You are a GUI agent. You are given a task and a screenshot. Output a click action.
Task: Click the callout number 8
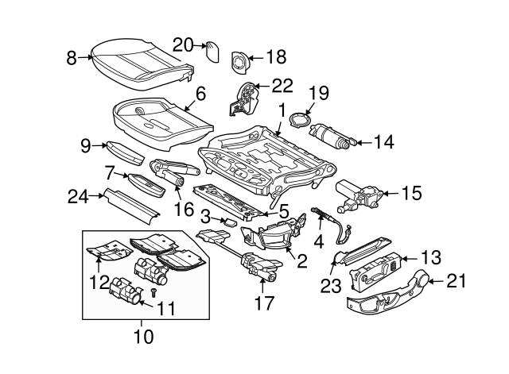coord(72,57)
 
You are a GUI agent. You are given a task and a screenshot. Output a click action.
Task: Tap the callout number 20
coord(183,45)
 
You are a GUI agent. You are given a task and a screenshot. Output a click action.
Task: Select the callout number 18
coord(275,57)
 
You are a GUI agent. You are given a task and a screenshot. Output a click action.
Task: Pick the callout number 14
coord(383,143)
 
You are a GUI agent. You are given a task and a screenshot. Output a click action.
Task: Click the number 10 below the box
coord(143,337)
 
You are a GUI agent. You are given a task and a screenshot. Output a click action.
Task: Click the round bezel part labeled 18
coord(239,60)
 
